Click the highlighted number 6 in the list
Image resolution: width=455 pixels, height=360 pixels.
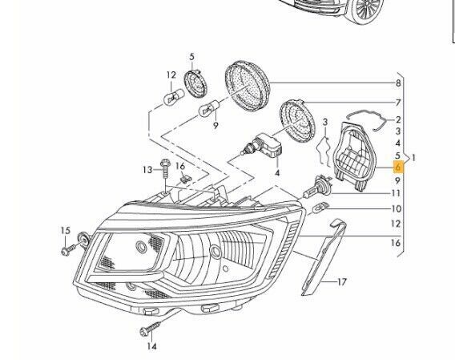pos(398,167)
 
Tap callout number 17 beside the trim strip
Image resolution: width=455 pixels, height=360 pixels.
pos(342,282)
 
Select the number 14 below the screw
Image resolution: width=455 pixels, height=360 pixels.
pos(151,346)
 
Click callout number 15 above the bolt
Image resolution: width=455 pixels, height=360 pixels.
pos(66,231)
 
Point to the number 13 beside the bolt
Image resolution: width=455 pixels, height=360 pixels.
pos(147,169)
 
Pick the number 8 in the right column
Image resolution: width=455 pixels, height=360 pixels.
pos(398,83)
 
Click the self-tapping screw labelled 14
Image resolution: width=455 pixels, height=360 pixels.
pos(151,329)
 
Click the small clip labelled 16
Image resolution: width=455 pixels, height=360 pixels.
pos(184,179)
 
